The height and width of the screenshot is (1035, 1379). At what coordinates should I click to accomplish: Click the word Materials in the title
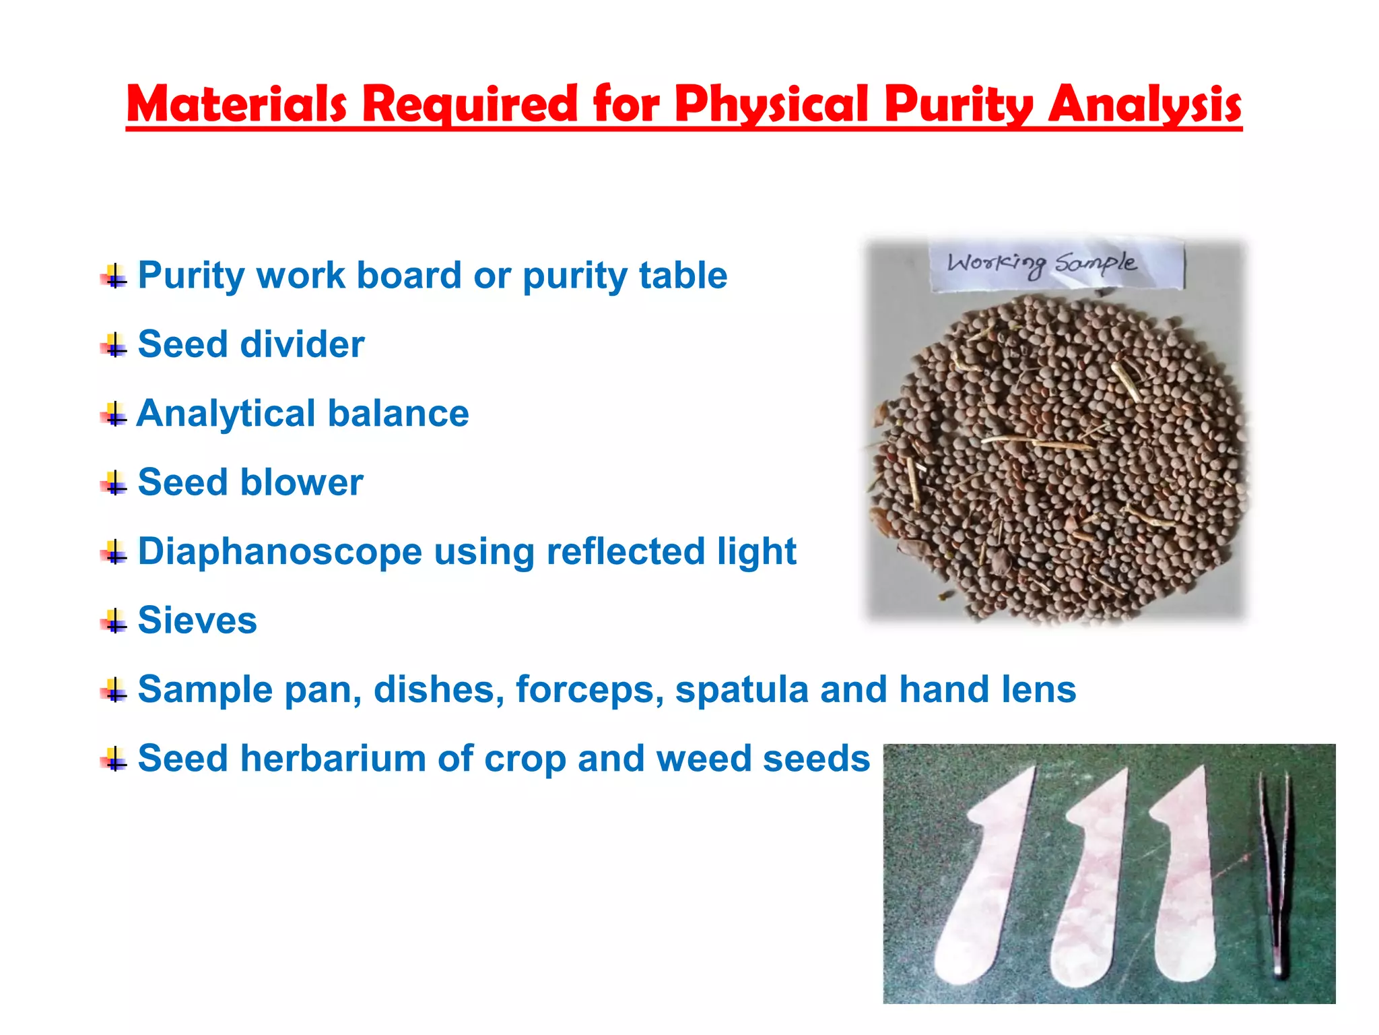(x=236, y=104)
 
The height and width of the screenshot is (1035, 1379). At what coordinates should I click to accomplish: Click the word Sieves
(x=197, y=620)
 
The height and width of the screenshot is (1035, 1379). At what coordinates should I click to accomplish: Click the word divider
(x=302, y=344)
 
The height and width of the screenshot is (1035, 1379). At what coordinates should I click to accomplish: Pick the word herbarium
(x=333, y=758)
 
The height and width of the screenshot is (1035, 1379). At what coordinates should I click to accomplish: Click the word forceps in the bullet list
(x=590, y=690)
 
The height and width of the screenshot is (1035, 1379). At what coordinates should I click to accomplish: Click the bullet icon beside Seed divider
(x=114, y=346)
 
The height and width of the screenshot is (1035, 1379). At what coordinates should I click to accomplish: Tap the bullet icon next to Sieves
(x=114, y=622)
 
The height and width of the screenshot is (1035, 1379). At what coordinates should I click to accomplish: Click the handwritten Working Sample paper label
(x=1055, y=265)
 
